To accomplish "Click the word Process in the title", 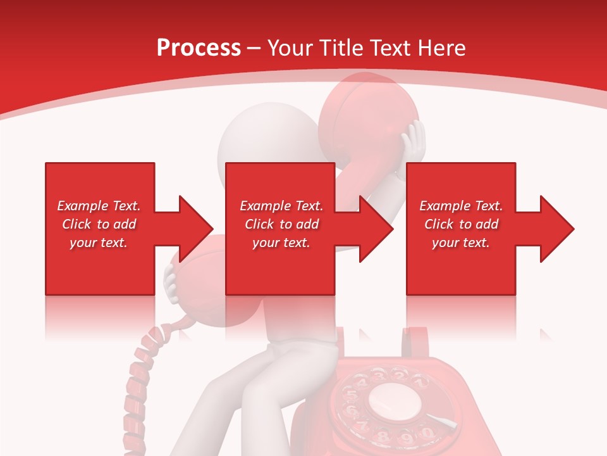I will coord(199,48).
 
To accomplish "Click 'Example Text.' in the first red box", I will coord(99,206).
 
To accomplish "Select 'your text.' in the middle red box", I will coord(281,243).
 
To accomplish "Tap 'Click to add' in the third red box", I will coord(461,224).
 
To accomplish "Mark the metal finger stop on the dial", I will coord(442,421).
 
